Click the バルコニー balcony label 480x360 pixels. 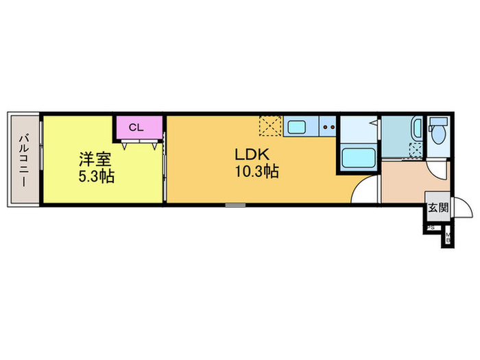point(23,158)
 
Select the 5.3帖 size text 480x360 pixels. point(95,176)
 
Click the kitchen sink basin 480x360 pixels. point(298,127)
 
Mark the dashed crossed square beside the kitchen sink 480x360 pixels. point(269,126)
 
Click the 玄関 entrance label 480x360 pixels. point(437,207)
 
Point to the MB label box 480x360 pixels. point(448,238)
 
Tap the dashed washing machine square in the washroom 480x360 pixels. point(415,150)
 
